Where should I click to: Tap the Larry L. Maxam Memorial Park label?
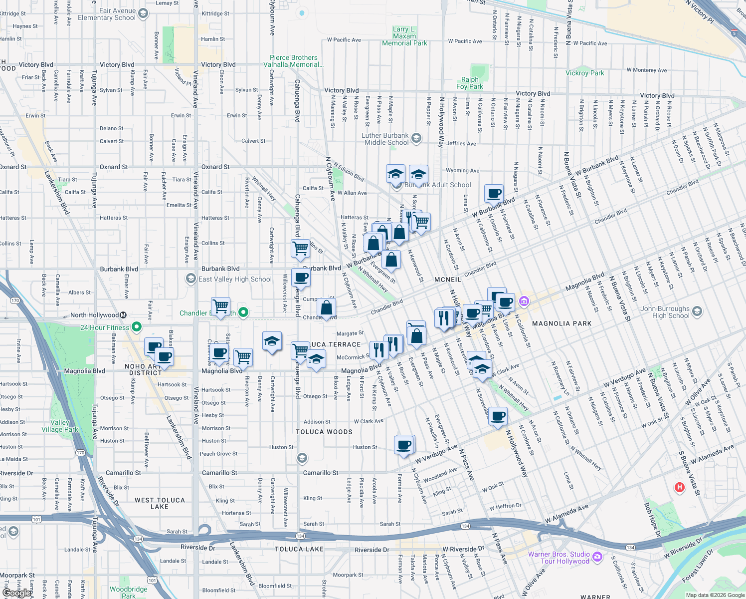point(404,36)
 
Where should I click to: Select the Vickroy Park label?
point(584,73)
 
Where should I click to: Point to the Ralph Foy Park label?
point(470,83)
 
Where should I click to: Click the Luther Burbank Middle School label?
point(385,139)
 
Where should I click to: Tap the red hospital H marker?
point(679,487)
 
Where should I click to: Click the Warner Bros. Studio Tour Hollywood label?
point(559,558)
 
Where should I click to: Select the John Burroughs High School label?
point(665,312)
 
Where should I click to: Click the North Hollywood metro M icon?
point(123,315)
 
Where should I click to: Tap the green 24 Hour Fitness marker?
point(137,327)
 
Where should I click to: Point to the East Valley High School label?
point(235,279)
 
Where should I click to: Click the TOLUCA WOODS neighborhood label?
point(324,432)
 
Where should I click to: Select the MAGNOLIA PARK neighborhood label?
point(561,323)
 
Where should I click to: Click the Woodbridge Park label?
point(129,592)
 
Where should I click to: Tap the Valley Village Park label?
point(59,426)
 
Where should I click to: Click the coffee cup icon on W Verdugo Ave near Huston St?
point(404,445)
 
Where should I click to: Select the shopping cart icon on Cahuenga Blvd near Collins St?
point(300,248)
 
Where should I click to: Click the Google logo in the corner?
point(16,593)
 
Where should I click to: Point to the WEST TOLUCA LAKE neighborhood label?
point(160,503)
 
